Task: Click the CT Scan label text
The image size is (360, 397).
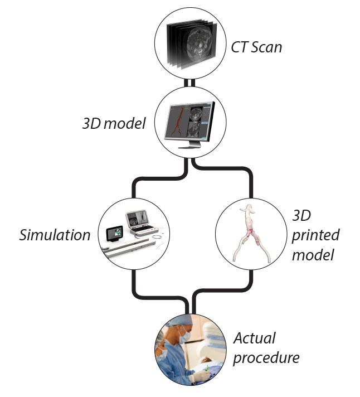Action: [x=256, y=47]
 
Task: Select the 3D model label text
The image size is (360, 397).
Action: [x=114, y=123]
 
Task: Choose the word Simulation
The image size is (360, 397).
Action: [x=55, y=235]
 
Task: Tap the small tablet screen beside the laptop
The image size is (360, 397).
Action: [x=114, y=234]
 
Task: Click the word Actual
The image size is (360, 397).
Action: [x=255, y=338]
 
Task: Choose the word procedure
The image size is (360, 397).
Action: [x=266, y=357]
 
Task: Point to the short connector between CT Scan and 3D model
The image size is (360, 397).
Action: [x=192, y=82]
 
